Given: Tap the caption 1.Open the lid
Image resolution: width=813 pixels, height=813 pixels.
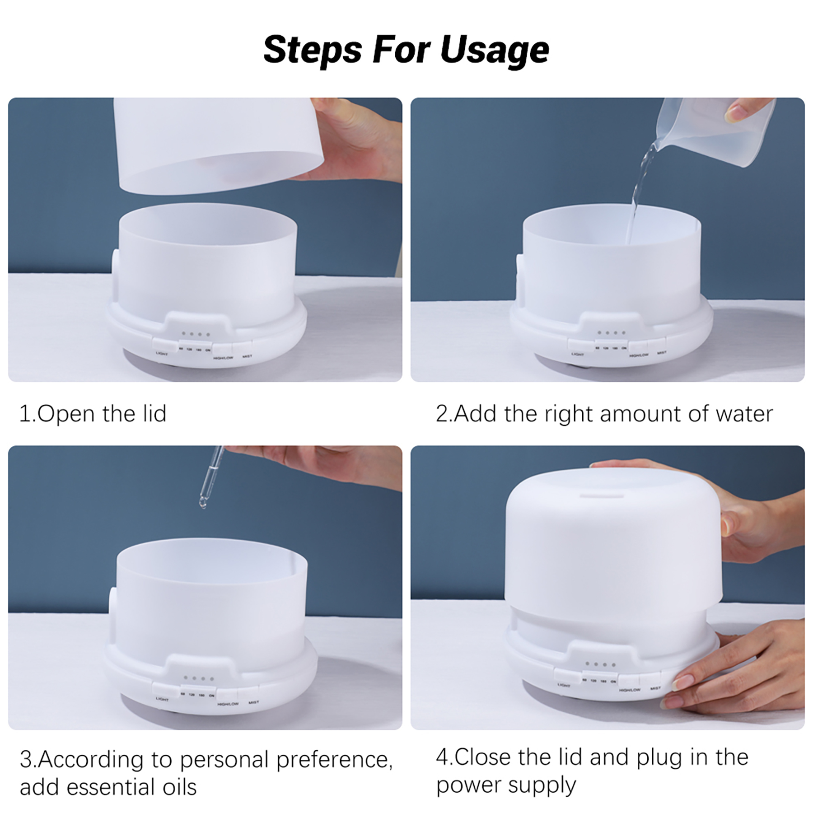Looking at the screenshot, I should click(x=93, y=414).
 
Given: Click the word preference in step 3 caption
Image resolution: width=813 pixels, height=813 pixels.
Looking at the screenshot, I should click(x=334, y=760).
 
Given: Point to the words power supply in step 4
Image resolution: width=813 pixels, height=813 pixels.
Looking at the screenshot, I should click(x=506, y=785).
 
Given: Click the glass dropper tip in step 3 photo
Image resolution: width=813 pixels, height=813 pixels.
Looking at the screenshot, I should click(x=203, y=502).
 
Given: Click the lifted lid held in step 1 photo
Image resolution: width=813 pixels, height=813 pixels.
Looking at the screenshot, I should click(x=217, y=145).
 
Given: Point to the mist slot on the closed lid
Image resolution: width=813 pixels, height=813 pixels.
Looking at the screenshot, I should click(x=602, y=495).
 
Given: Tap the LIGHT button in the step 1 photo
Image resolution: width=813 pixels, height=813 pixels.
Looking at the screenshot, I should click(x=161, y=345).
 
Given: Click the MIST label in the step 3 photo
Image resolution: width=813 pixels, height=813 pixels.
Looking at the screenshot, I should click(x=254, y=703).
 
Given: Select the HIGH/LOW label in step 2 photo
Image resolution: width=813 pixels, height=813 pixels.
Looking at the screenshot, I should click(x=639, y=355).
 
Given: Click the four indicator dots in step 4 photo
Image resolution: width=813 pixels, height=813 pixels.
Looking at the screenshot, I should click(x=600, y=664).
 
